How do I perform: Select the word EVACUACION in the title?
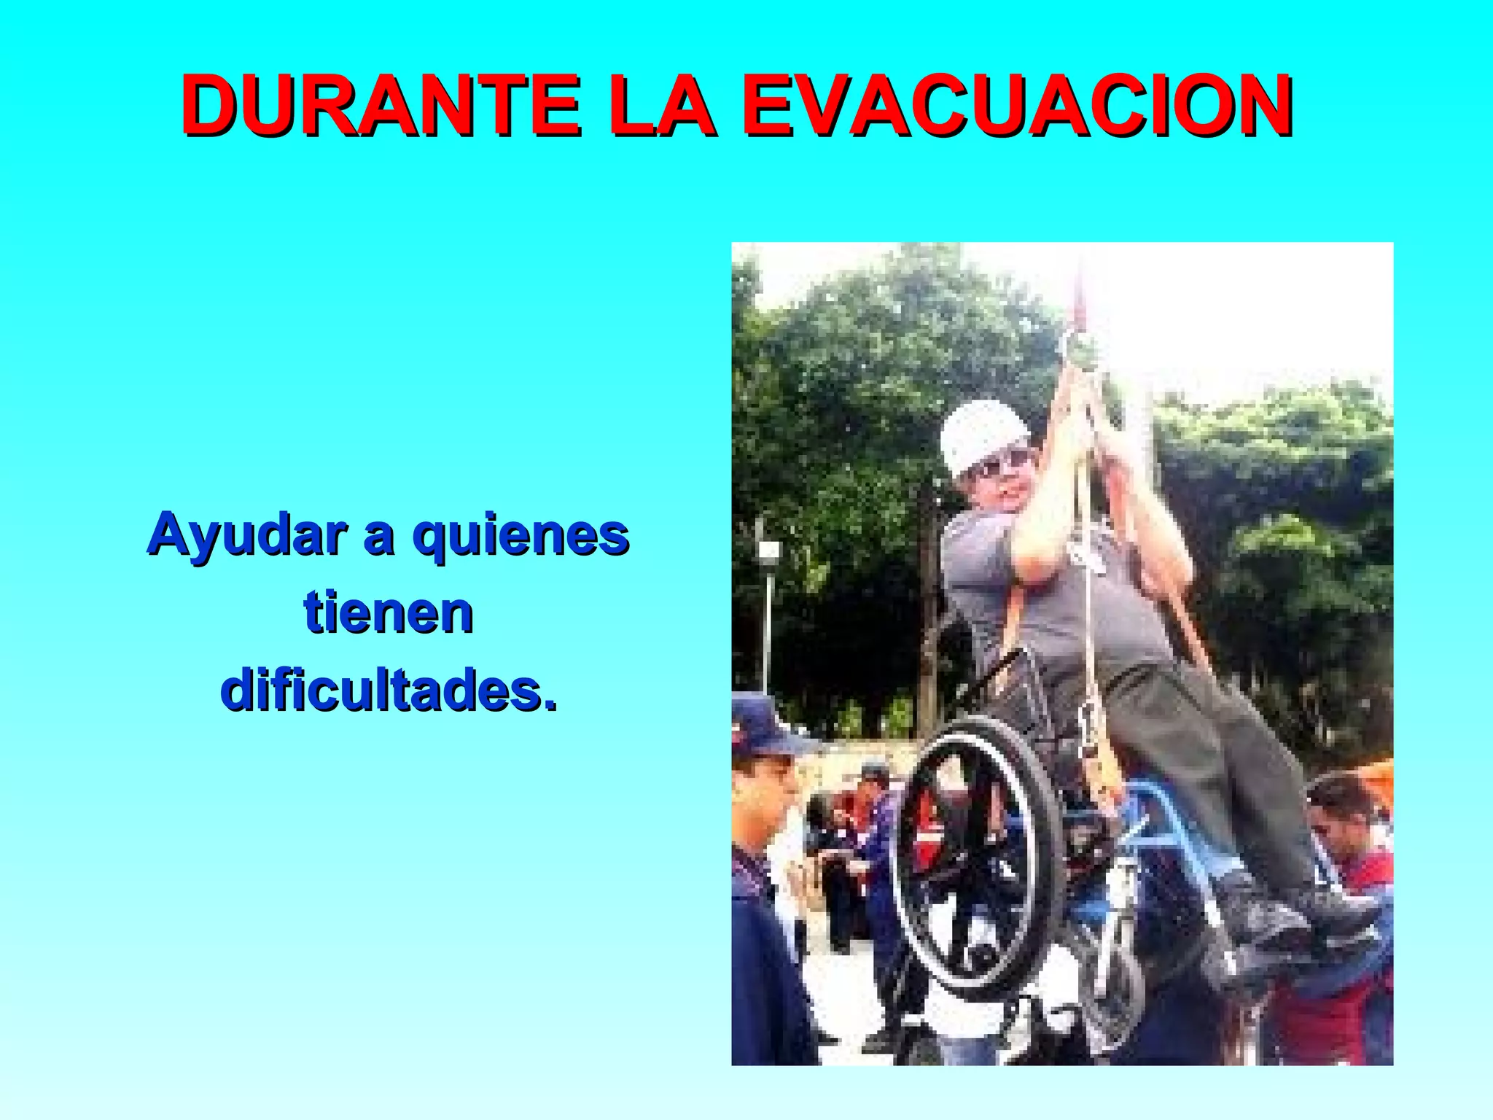click(x=1018, y=106)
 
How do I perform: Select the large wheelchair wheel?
click(x=977, y=857)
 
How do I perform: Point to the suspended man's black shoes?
click(x=1290, y=911)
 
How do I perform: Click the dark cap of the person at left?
click(x=762, y=726)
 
